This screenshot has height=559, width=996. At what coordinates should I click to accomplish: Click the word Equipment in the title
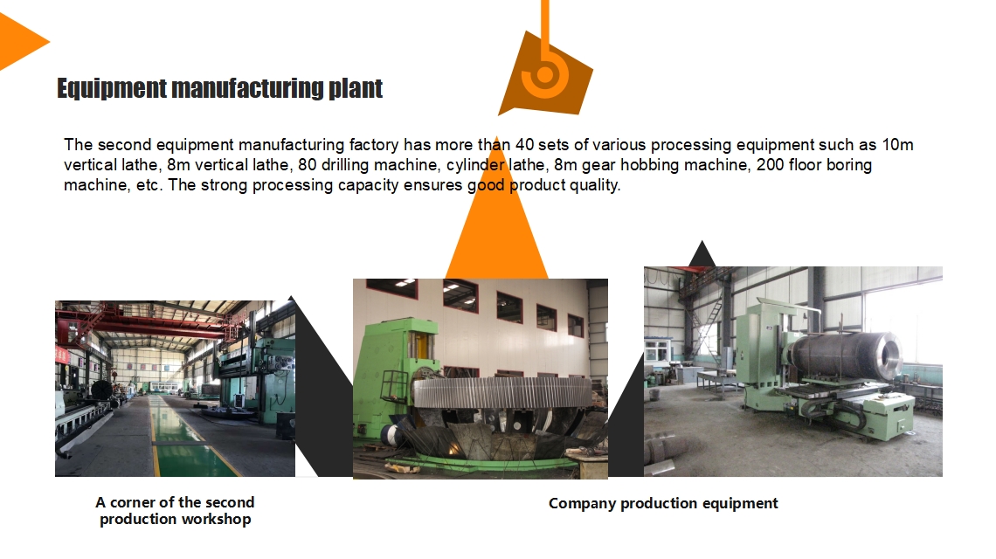point(112,88)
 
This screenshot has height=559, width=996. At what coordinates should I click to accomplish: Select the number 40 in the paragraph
point(524,145)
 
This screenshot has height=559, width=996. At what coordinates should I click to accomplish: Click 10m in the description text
point(897,145)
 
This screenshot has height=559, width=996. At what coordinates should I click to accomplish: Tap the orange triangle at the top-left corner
point(19,41)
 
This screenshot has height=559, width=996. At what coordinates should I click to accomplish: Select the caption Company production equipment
point(663,504)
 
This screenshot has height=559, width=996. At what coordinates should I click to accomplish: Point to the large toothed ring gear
point(501,392)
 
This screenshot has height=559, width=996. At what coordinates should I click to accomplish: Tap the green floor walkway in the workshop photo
point(184,439)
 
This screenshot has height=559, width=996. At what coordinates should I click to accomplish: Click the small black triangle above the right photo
point(702,254)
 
